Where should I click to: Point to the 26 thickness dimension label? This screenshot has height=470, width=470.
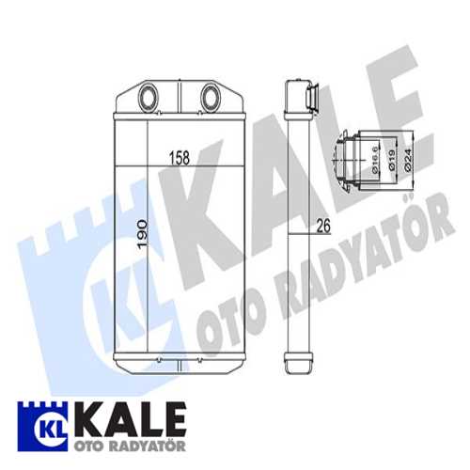coord(323,227)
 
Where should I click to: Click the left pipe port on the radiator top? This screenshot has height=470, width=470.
coord(149,97)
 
